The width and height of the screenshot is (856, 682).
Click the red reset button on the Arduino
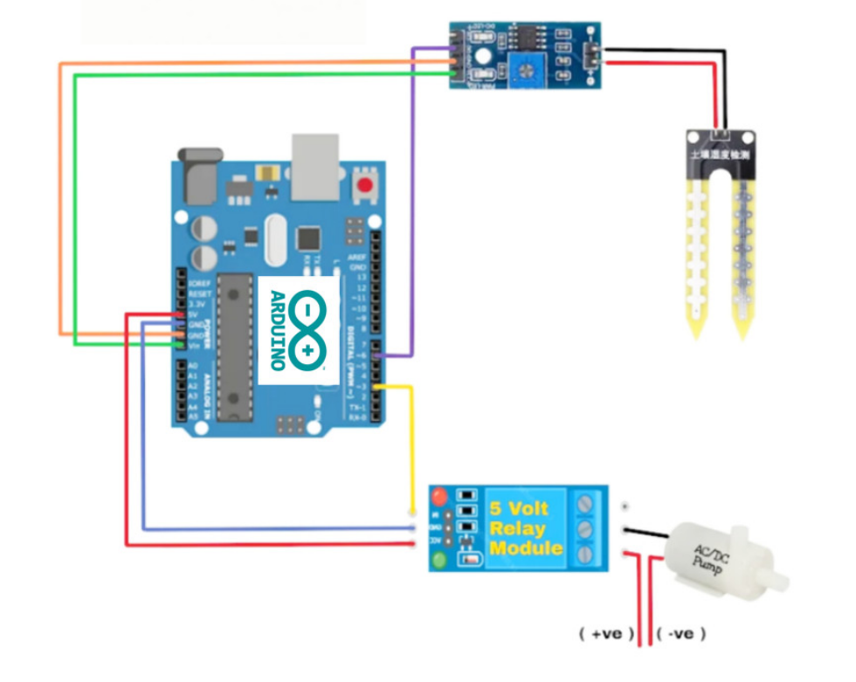click(364, 185)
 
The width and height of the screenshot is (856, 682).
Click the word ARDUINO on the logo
click(278, 329)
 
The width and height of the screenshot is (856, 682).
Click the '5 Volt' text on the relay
click(519, 509)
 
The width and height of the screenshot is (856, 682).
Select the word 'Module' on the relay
click(525, 548)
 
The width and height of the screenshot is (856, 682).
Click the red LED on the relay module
click(439, 498)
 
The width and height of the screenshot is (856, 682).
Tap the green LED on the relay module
click(439, 560)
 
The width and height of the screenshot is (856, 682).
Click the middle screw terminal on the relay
click(585, 528)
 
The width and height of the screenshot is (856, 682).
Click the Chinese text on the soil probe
click(722, 155)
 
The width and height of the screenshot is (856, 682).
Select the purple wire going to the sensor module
click(411, 218)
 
